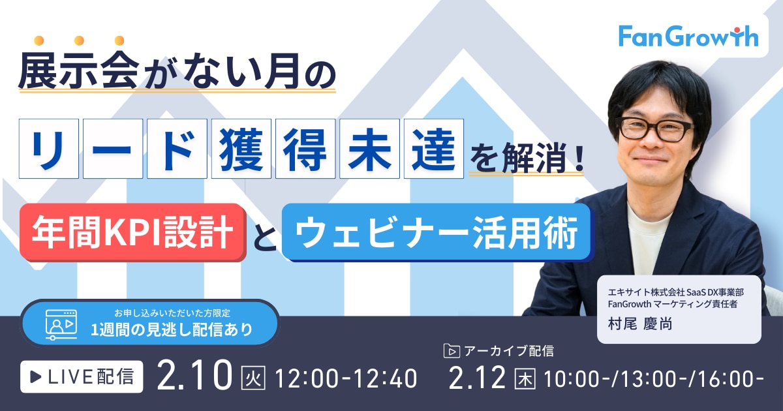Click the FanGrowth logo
click(x=688, y=37)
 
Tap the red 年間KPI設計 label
click(x=133, y=232)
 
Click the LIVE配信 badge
click(x=82, y=377)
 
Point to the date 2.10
click(x=194, y=376)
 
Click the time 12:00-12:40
click(x=346, y=378)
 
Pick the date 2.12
click(x=477, y=378)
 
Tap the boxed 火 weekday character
click(x=253, y=378)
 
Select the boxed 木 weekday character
click(x=525, y=378)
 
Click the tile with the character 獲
click(x=241, y=149)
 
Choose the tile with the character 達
click(x=434, y=149)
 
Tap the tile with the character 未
click(x=369, y=149)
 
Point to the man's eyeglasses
click(x=655, y=129)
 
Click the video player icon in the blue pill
click(x=61, y=325)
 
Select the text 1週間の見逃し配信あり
click(x=172, y=329)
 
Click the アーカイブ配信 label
click(x=509, y=351)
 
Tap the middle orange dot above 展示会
click(x=80, y=40)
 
